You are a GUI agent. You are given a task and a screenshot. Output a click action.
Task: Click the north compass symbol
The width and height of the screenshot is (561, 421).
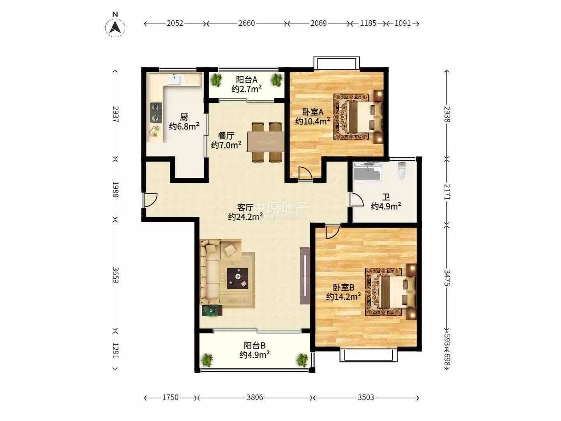pyautogui.click(x=115, y=27)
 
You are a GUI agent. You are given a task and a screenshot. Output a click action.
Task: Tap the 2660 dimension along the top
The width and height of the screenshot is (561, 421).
pyautogui.click(x=247, y=23)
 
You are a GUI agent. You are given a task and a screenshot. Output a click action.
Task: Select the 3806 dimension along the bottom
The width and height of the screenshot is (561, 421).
pyautogui.click(x=255, y=397)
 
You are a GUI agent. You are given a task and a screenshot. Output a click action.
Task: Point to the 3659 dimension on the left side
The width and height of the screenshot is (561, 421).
pyautogui.click(x=116, y=275)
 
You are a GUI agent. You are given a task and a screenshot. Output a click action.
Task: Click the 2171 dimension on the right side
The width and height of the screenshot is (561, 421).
pyautogui.click(x=447, y=192)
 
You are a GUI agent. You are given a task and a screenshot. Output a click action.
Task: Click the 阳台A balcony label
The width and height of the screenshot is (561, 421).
pyautogui.click(x=247, y=80)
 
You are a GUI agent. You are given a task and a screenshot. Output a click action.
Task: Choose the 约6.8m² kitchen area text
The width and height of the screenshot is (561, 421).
pyautogui.click(x=184, y=126)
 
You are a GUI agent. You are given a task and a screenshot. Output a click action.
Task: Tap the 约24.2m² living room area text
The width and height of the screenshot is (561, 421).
pyautogui.click(x=245, y=217)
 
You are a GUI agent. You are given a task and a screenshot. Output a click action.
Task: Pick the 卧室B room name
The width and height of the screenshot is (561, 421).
pyautogui.click(x=344, y=287)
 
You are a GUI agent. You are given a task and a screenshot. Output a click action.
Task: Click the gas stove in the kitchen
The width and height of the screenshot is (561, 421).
pyautogui.click(x=156, y=112)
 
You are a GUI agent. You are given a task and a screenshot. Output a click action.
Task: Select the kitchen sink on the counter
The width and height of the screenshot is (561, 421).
pyautogui.click(x=176, y=79)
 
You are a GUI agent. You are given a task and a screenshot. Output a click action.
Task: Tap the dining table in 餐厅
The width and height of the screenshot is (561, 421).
pyautogui.click(x=266, y=142)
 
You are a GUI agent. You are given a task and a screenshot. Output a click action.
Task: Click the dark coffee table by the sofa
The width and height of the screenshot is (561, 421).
pyautogui.click(x=237, y=278)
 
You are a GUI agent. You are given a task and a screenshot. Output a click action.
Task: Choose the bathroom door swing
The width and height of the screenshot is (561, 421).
pyautogui.click(x=356, y=199)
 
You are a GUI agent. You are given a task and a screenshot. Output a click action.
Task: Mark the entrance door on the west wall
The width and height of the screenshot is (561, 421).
pyautogui.click(x=150, y=200)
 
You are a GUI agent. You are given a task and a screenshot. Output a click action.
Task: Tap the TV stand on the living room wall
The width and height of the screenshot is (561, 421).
pyautogui.click(x=305, y=276)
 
